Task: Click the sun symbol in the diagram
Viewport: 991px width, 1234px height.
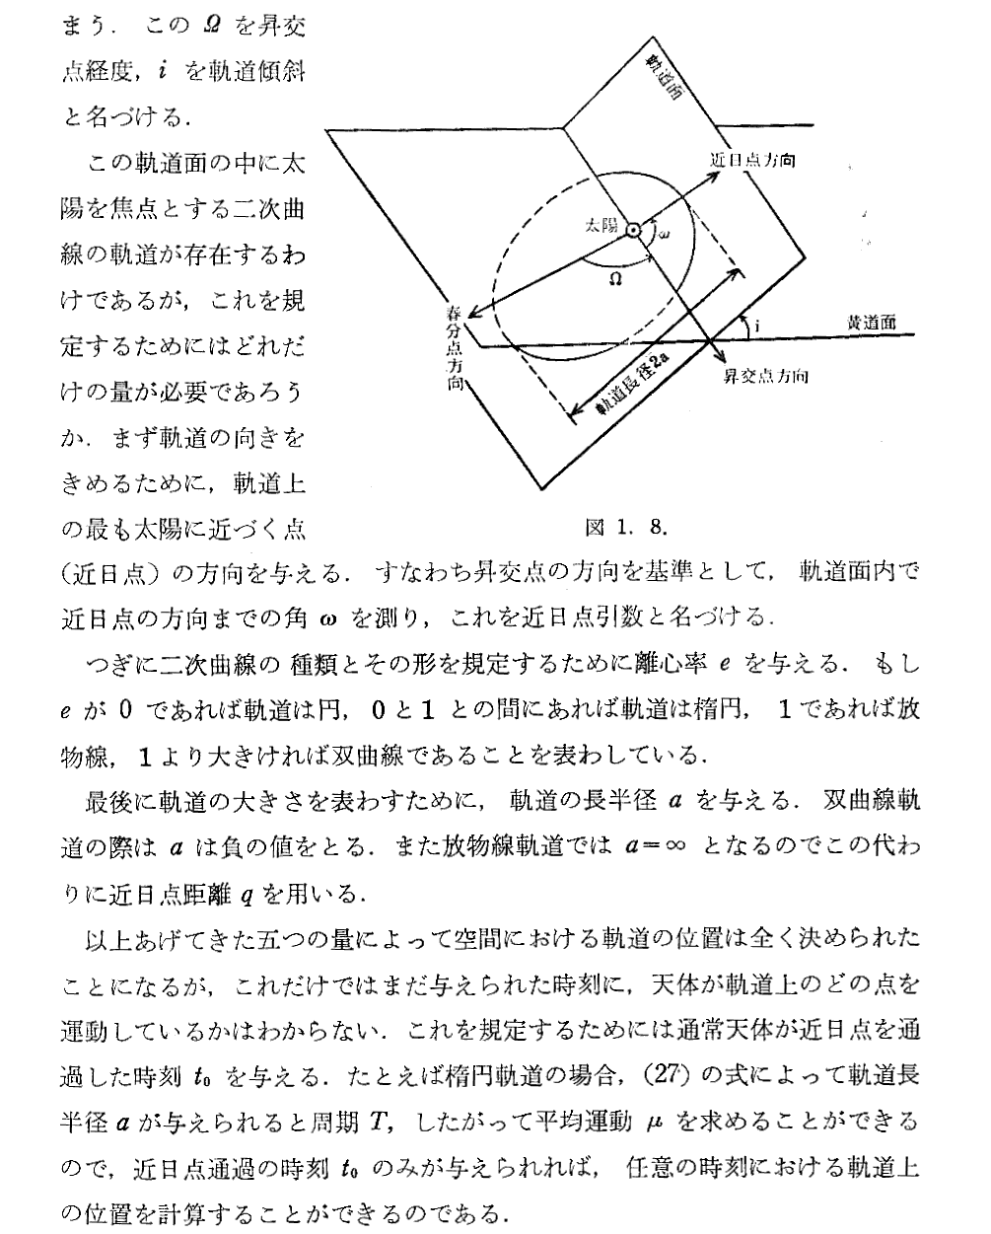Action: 633,230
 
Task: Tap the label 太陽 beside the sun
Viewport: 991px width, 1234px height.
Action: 602,226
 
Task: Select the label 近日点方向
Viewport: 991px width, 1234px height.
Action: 752,161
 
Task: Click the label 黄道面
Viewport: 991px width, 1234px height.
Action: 871,322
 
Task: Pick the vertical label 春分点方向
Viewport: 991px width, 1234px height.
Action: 454,349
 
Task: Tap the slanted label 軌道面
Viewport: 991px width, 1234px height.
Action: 662,78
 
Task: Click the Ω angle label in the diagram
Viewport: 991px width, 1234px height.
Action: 615,279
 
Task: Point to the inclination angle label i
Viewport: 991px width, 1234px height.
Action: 754,323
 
